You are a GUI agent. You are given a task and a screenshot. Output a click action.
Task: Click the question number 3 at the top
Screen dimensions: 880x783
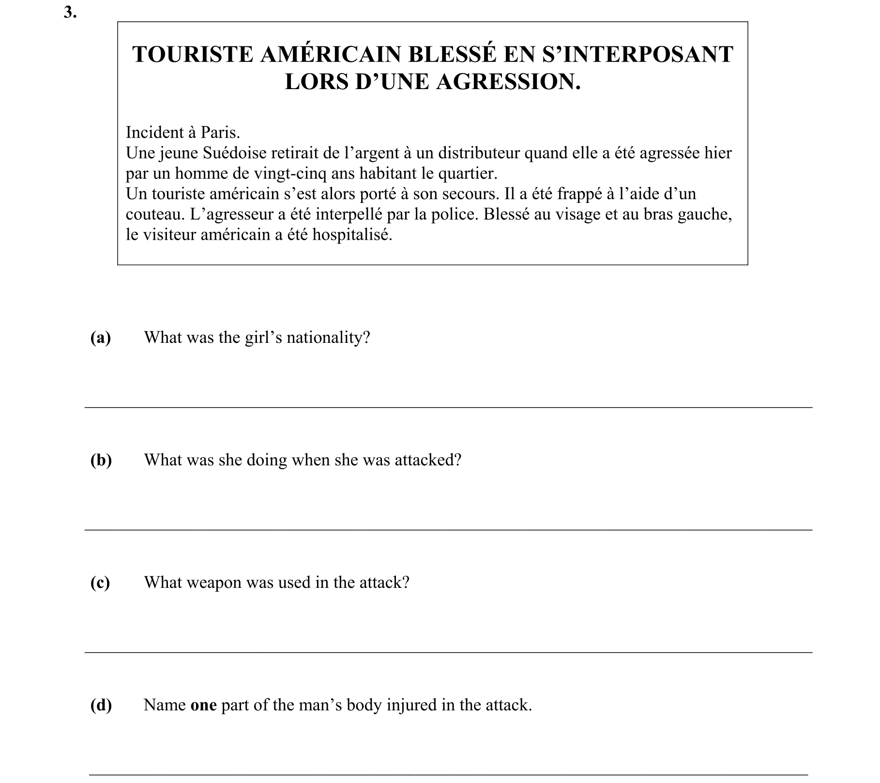[x=70, y=13]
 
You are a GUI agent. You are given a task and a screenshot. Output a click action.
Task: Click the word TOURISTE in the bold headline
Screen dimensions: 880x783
[x=193, y=54]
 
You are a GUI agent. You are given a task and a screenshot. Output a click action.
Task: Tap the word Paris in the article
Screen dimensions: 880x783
[x=220, y=132]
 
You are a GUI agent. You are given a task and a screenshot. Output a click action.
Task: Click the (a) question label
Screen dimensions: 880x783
[x=101, y=338]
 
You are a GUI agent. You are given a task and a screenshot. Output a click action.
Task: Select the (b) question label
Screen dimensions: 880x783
[x=101, y=460]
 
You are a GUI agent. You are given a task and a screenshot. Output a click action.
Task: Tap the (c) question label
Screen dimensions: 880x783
[x=100, y=583]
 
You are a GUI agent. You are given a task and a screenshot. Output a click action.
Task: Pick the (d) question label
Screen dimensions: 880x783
[x=101, y=705]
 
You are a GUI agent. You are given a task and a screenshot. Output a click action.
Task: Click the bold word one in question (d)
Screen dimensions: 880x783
[x=203, y=705]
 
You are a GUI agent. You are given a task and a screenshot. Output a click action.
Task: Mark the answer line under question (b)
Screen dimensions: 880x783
[x=448, y=530]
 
